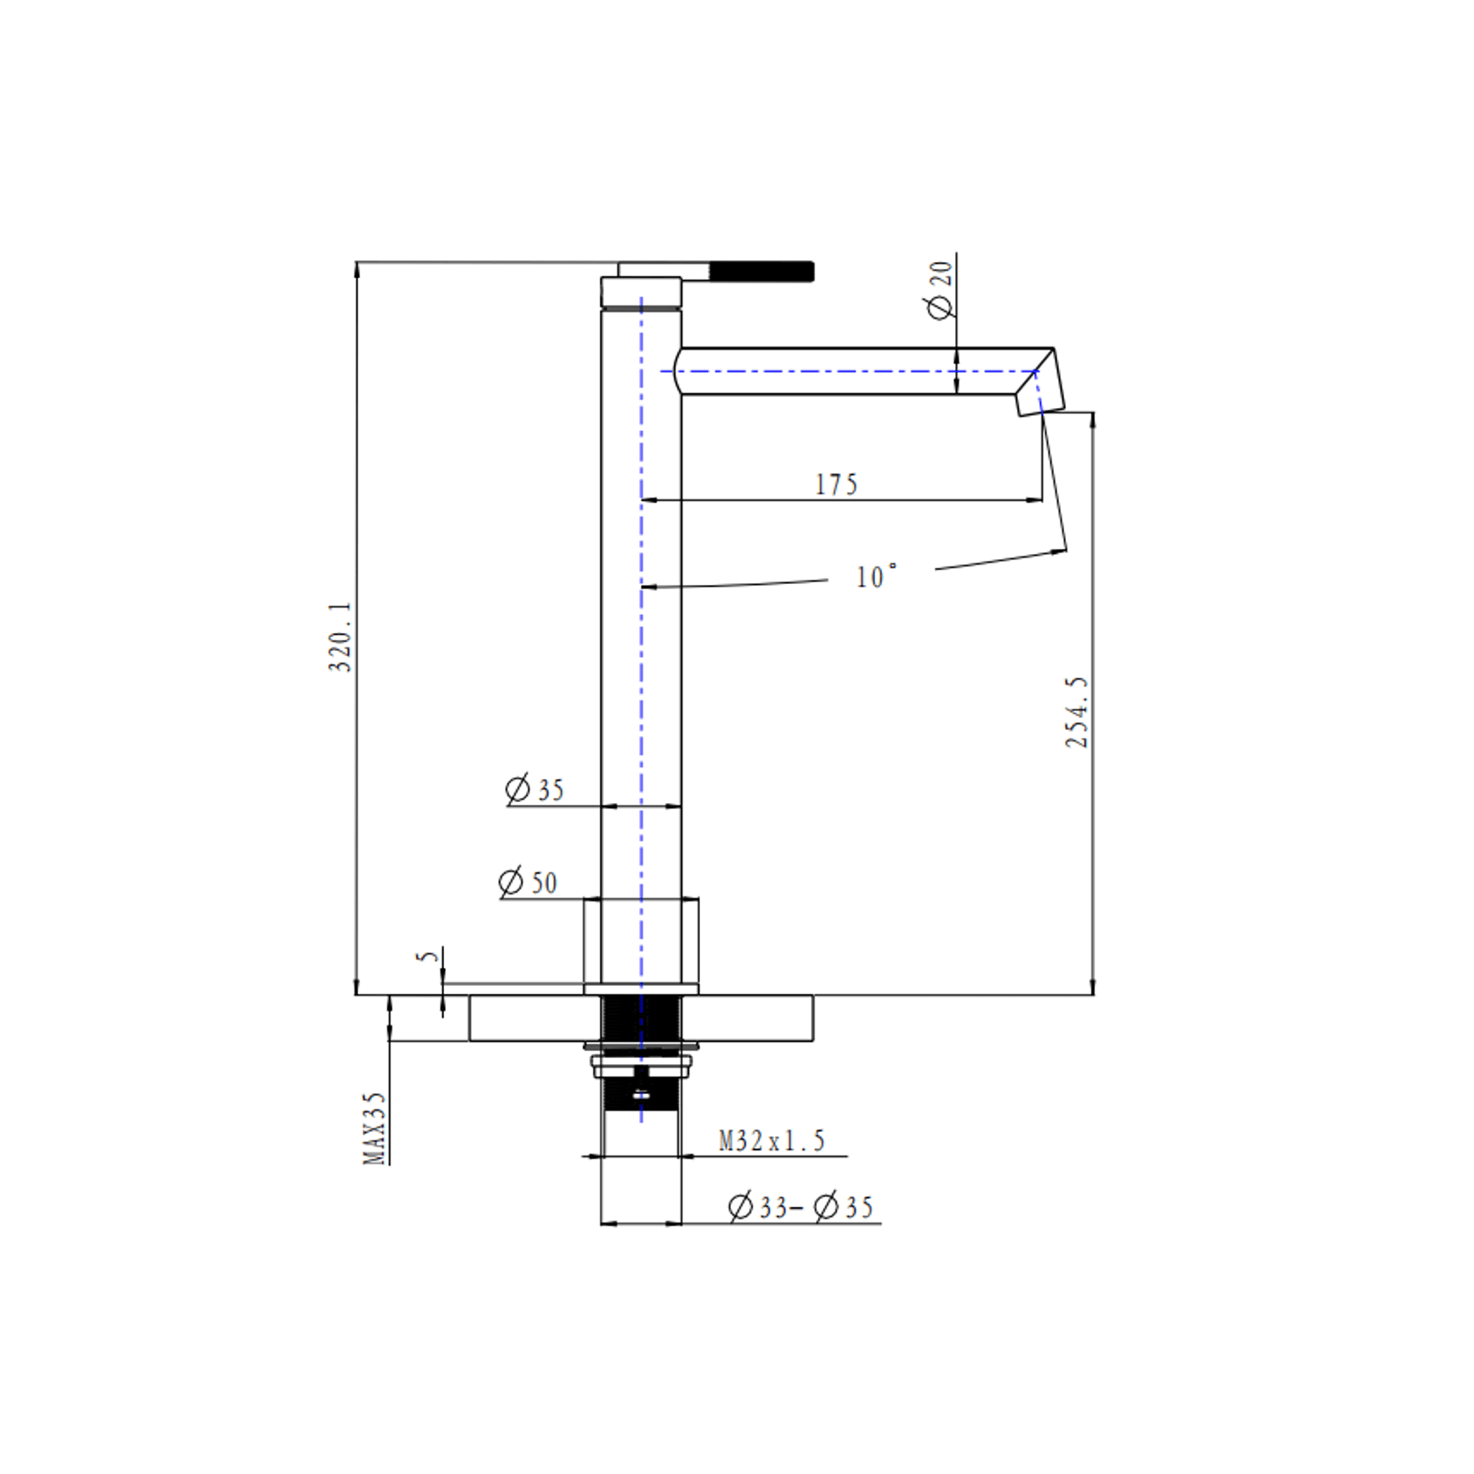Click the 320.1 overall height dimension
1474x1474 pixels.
(339, 637)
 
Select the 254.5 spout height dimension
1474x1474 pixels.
(1076, 712)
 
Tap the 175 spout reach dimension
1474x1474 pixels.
(836, 485)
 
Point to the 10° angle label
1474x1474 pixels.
(876, 577)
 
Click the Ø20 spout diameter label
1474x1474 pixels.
(939, 290)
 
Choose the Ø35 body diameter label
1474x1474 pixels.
(535, 789)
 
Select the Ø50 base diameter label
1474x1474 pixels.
(528, 882)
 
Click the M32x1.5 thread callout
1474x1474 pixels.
(771, 1142)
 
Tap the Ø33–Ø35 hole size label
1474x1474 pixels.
(800, 1208)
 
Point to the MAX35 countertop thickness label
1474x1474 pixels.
(375, 1128)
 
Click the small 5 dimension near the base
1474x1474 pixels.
(427, 956)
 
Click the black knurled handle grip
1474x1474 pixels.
(762, 271)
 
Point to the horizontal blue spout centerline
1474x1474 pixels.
(836, 371)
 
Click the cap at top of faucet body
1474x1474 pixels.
(641, 292)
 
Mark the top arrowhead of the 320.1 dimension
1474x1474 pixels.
(356, 267)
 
